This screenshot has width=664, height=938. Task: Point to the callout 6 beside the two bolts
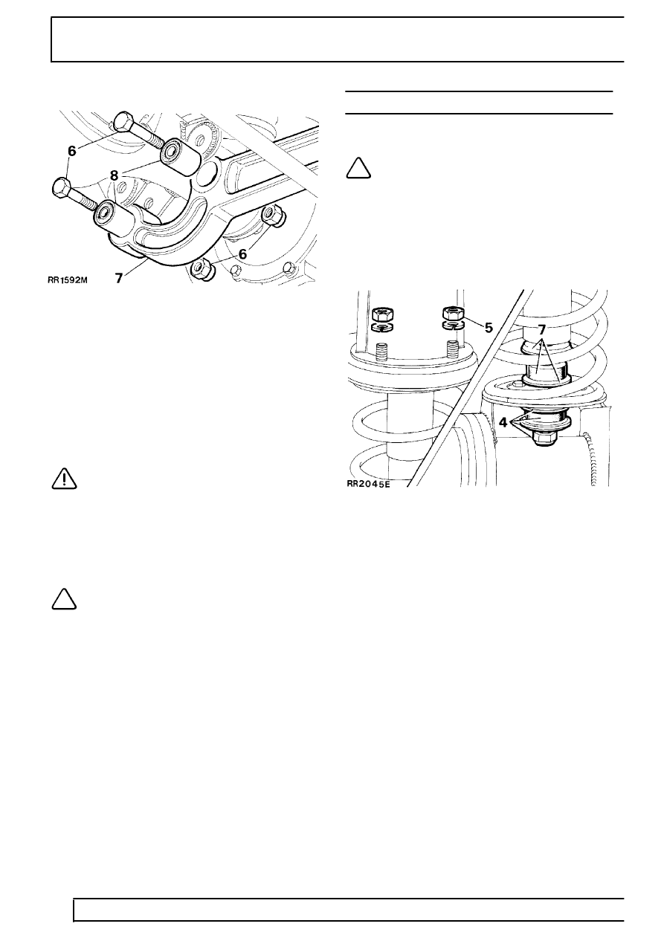point(71,150)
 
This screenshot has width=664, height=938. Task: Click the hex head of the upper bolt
point(124,126)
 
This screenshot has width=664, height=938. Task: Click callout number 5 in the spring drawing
point(489,326)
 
